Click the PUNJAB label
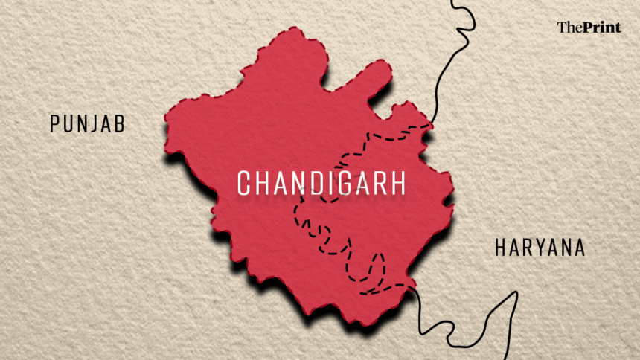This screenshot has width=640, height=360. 87,123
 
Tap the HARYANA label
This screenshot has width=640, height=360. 540,248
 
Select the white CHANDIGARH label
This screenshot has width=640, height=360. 321,182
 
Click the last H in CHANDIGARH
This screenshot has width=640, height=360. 397,182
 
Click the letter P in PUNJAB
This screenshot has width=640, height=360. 54,123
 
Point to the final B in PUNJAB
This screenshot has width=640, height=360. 119,123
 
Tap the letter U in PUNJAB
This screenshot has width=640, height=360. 67,123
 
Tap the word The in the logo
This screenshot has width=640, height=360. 568,28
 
